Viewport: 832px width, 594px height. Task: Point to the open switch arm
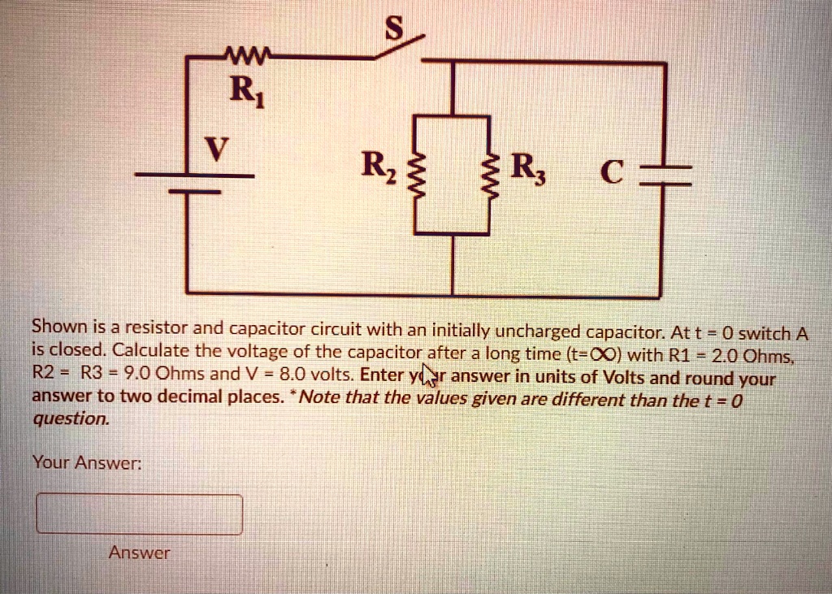tap(398, 46)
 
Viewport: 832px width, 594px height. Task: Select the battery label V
tap(214, 149)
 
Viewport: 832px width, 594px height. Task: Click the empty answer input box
tap(139, 514)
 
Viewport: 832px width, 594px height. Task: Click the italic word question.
tap(70, 419)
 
